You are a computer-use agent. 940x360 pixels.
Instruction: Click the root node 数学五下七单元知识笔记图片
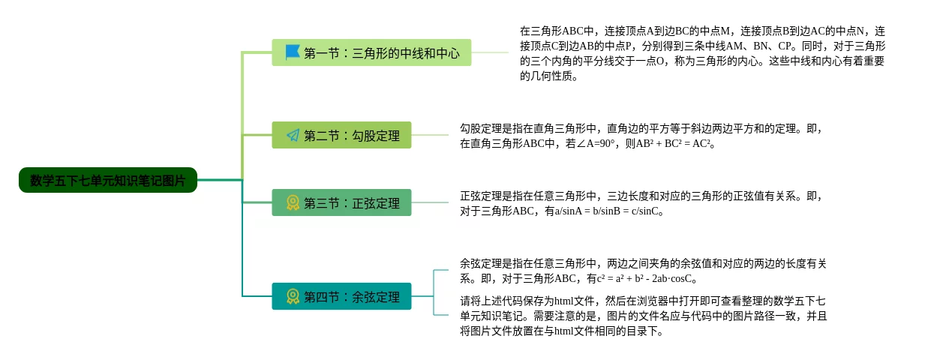108,180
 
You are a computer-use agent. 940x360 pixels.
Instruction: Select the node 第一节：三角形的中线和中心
371,52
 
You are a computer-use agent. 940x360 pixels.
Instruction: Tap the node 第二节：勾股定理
341,135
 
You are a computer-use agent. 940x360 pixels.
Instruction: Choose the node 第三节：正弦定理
341,202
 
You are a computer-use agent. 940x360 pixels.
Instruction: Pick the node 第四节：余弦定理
341,296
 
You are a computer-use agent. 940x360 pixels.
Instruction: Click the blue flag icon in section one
293,52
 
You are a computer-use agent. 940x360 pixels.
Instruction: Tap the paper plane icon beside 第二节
293,135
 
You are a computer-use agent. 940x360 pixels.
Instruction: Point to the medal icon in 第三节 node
293,202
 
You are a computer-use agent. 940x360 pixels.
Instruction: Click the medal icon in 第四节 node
293,296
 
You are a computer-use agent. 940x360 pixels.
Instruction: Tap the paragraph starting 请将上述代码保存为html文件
643,316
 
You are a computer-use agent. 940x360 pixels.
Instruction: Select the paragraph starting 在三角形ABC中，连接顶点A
702,52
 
